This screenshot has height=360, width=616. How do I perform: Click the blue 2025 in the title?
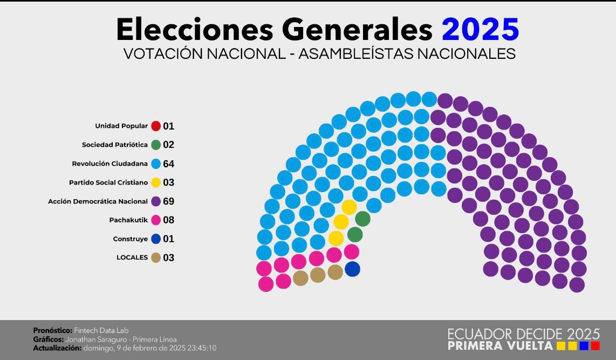pyautogui.click(x=480, y=29)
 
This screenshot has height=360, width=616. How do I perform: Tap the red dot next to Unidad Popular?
pyautogui.click(x=156, y=126)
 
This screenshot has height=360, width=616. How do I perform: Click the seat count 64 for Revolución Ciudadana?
pyautogui.click(x=169, y=164)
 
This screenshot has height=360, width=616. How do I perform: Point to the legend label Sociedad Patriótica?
pyautogui.click(x=114, y=145)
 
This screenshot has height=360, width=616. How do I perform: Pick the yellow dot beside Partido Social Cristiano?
pyautogui.click(x=156, y=182)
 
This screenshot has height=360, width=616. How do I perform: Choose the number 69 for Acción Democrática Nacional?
pyautogui.click(x=169, y=201)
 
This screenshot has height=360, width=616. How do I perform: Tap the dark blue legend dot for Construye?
pyautogui.click(x=156, y=239)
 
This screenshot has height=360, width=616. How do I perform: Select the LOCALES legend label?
pyautogui.click(x=132, y=257)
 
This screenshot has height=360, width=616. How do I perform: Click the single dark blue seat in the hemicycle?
pyautogui.click(x=352, y=269)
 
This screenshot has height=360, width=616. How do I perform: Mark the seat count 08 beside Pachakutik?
pyautogui.click(x=169, y=220)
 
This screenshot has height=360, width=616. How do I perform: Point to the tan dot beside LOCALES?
pyautogui.click(x=156, y=257)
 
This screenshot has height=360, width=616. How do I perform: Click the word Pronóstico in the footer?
pyautogui.click(x=52, y=330)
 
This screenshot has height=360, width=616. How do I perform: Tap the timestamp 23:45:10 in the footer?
pyautogui.click(x=201, y=348)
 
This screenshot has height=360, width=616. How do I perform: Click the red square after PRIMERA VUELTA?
pyautogui.click(x=596, y=345)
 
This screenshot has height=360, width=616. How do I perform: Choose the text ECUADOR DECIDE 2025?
pyautogui.click(x=523, y=334)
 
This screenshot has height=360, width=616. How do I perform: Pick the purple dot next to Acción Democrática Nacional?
pyautogui.click(x=156, y=201)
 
